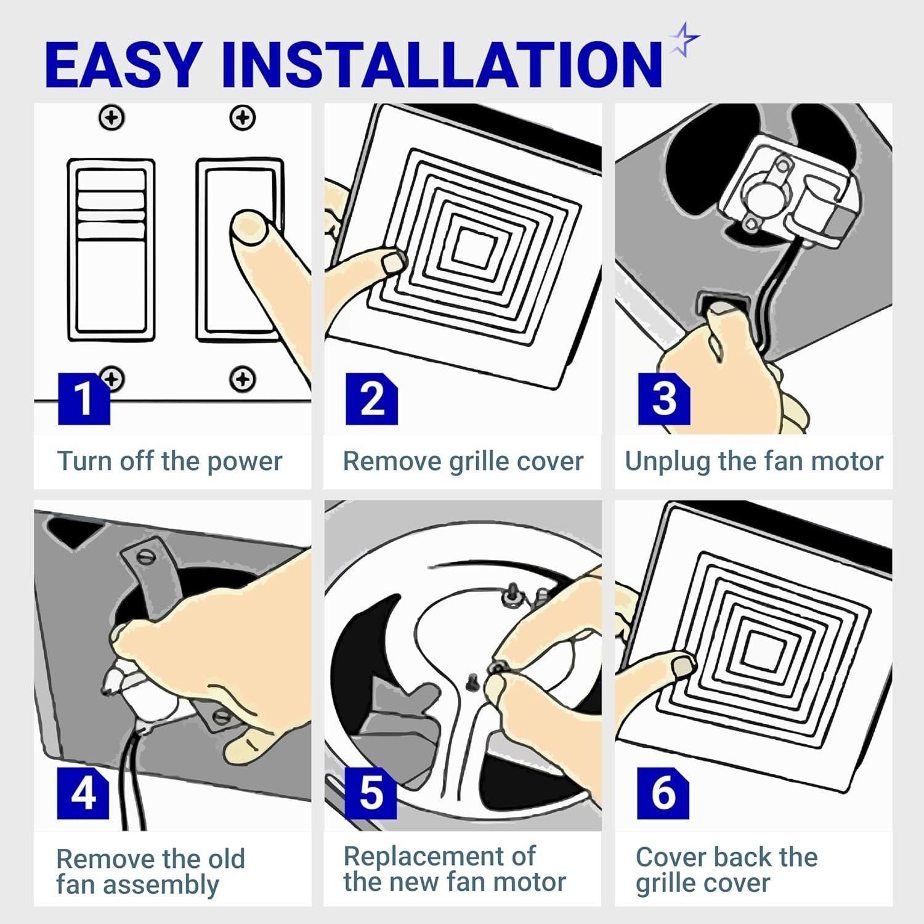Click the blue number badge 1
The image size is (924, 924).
[84, 399]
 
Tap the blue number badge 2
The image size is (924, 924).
[371, 399]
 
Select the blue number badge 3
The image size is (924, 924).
[663, 399]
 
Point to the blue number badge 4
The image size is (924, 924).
[83, 793]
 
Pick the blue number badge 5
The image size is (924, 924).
[371, 793]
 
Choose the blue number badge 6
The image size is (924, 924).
[663, 793]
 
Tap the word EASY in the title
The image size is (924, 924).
[123, 64]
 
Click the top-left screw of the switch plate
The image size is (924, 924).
[112, 117]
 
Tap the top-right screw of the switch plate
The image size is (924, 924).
[243, 117]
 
